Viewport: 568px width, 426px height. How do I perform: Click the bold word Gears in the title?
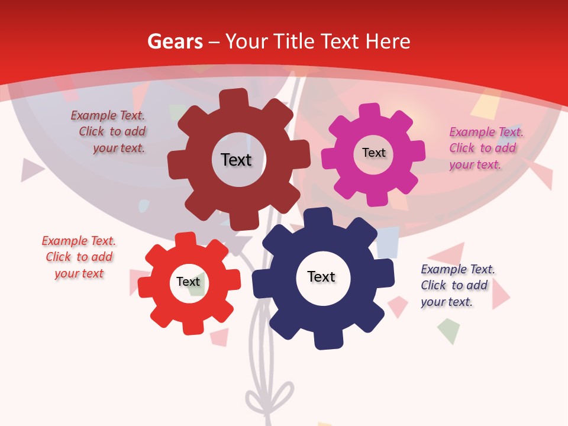tap(175, 41)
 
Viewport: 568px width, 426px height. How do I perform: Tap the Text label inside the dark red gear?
tap(236, 160)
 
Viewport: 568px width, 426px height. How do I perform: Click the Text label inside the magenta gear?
tap(373, 153)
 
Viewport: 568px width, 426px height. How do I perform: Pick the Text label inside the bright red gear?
tap(188, 282)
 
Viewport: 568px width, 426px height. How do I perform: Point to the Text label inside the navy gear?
tap(321, 276)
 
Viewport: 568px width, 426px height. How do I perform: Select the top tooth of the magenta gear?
tap(370, 111)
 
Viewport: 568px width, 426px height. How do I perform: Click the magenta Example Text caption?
tap(485, 148)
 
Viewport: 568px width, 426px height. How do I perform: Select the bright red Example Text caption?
tap(79, 257)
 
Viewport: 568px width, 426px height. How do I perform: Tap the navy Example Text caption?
tap(456, 285)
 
